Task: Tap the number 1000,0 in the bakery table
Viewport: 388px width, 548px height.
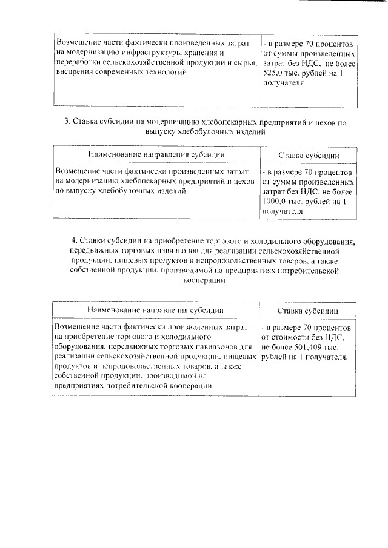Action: click(276, 202)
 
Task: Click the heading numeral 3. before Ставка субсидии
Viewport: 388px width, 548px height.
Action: click(68, 122)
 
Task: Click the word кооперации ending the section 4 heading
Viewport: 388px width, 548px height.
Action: click(202, 281)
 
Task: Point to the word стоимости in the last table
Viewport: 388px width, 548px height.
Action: click(292, 337)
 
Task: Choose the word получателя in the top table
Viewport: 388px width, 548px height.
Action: click(283, 84)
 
